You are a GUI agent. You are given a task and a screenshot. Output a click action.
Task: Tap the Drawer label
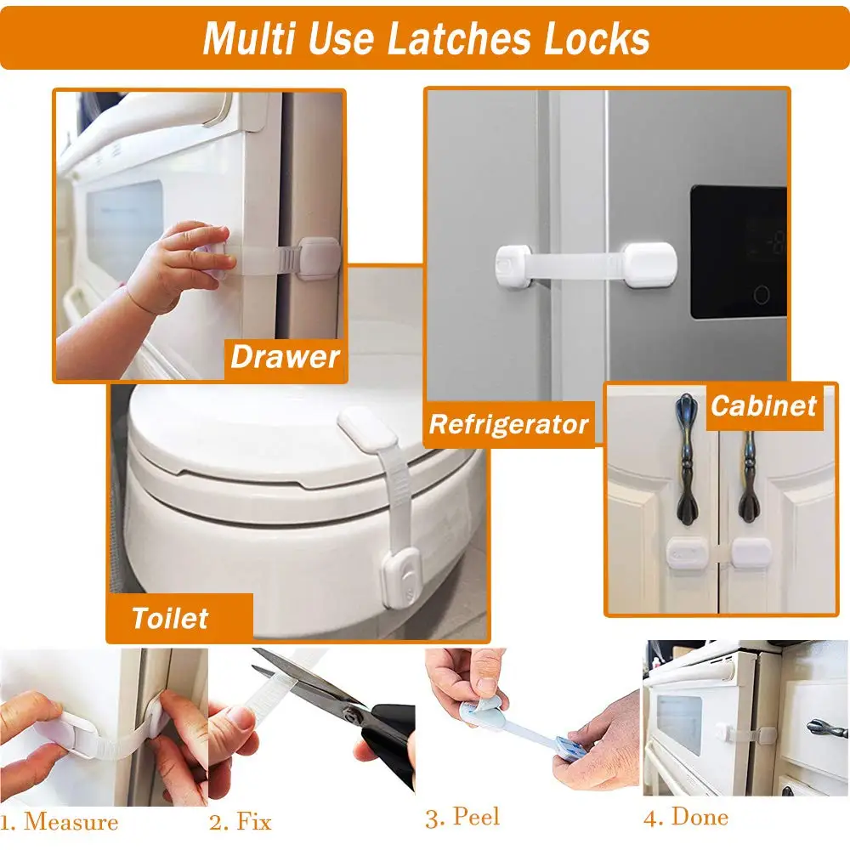286,357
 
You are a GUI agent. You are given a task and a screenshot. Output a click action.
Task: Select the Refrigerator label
508,424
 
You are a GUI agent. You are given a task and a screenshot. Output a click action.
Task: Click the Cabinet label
763,406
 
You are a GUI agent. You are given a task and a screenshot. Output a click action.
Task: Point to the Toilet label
170,617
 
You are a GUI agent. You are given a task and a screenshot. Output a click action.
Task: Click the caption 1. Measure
59,822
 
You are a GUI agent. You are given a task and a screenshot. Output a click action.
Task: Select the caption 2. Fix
241,822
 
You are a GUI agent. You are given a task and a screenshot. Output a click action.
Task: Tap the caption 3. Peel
462,818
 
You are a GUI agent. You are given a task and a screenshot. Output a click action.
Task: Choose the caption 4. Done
687,818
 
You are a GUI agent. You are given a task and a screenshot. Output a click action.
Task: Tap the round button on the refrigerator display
762,295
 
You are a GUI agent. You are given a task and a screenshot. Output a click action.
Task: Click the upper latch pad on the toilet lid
368,429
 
